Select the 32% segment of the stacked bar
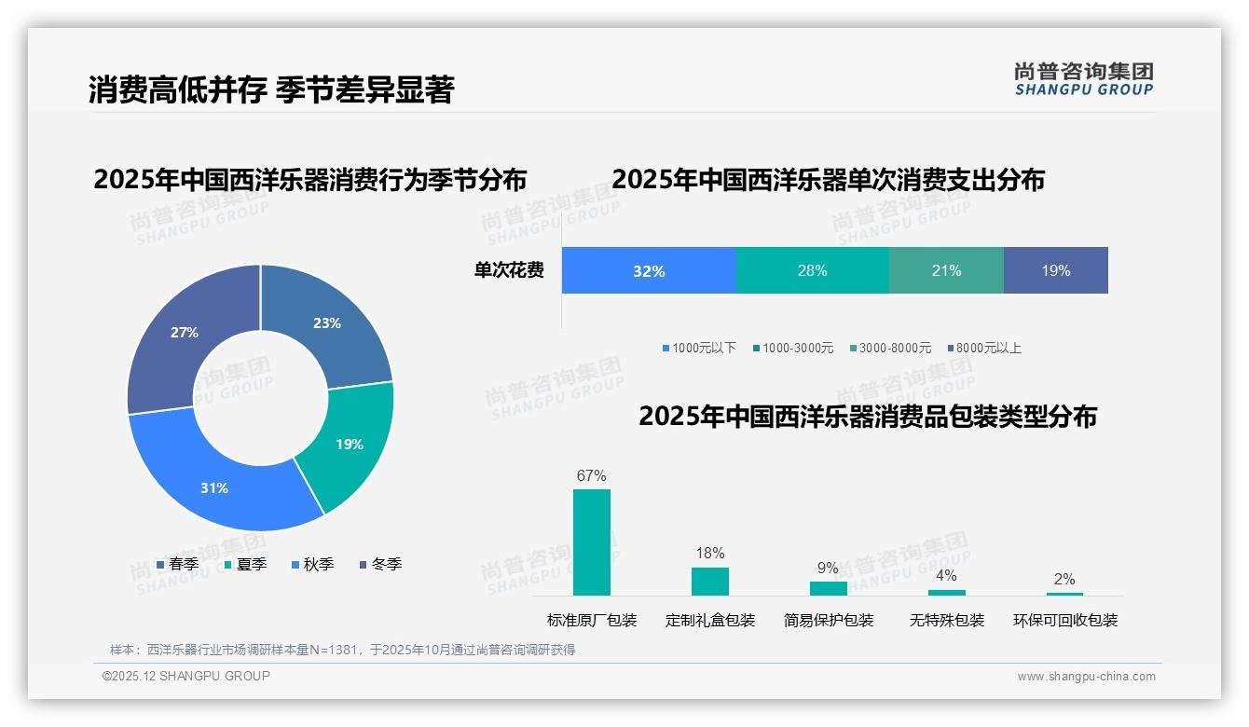(649, 271)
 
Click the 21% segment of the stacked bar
(946, 271)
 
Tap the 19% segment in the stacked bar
(1055, 271)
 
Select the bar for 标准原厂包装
(592, 542)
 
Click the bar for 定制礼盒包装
(710, 582)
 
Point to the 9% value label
(828, 569)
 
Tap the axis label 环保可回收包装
(1065, 621)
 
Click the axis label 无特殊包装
(947, 621)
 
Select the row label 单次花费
(509, 271)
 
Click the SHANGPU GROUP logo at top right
(1083, 79)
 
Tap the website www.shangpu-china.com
(1086, 677)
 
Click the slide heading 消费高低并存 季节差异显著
(271, 90)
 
